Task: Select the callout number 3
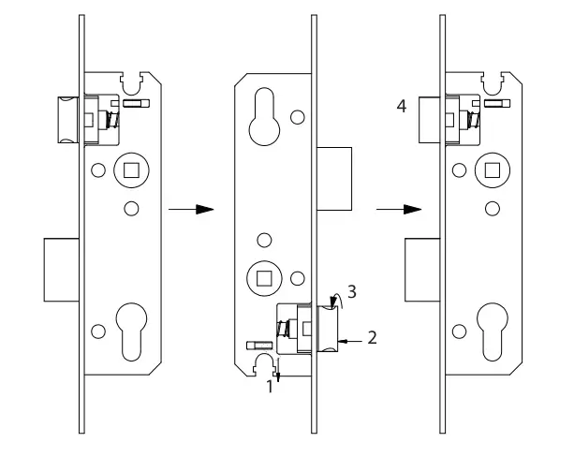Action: pos(350,291)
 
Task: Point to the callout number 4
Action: pos(401,108)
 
